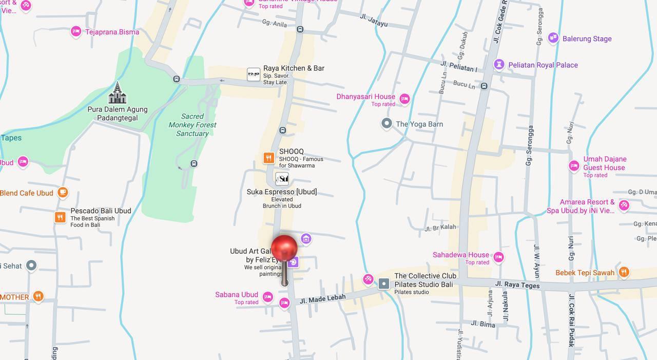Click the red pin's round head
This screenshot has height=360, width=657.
(284, 248)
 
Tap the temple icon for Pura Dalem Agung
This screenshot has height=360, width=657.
(117, 93)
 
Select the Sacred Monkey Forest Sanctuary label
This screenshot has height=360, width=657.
(192, 125)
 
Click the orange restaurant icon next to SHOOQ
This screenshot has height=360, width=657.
(268, 158)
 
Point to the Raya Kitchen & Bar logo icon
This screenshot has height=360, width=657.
(254, 74)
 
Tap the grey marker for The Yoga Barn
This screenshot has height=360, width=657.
(387, 123)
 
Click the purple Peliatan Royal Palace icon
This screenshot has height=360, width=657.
(499, 65)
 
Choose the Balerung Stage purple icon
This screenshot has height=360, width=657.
(553, 38)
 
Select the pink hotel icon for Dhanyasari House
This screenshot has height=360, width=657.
(404, 99)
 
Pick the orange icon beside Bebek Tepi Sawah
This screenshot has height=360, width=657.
(624, 272)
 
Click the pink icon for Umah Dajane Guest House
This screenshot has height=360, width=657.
(574, 166)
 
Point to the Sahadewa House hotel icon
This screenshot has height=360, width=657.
(498, 257)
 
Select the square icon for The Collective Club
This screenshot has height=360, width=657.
(384, 283)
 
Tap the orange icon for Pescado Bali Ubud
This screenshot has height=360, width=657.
(60, 217)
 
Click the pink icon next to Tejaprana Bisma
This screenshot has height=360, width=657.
(76, 32)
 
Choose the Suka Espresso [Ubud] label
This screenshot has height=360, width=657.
(282, 192)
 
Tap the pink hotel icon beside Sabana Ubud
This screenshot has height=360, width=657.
(267, 297)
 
